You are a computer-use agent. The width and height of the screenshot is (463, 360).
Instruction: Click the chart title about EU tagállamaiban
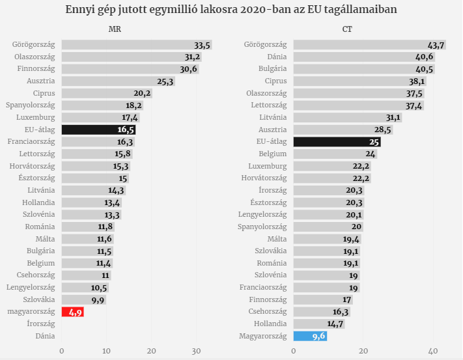tap(231, 10)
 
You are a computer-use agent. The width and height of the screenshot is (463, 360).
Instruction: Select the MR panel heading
tap(115, 29)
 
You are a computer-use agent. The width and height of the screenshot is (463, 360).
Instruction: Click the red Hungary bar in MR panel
tap(72, 312)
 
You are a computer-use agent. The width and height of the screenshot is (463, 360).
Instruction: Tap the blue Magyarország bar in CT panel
tap(310, 336)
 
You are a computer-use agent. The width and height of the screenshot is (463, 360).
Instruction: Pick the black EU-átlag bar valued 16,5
tap(98, 130)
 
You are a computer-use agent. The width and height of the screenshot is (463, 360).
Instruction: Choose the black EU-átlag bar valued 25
tap(337, 141)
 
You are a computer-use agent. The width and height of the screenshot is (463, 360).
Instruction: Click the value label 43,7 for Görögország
tap(436, 45)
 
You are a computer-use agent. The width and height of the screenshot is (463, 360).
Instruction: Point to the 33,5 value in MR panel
tap(203, 45)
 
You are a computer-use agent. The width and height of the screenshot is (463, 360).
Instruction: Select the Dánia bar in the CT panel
tap(363, 57)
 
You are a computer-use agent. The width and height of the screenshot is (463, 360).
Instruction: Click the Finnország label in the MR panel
tap(36, 69)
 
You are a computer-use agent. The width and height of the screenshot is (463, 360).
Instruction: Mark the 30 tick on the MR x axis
tap(197, 351)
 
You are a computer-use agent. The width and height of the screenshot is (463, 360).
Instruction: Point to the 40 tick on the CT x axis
tap(432, 351)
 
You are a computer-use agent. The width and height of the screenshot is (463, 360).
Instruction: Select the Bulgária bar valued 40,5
tap(363, 69)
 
